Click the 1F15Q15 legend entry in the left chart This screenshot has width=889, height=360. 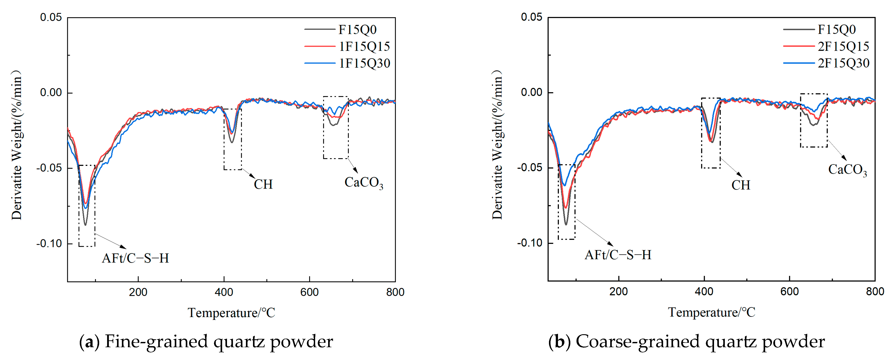pyautogui.click(x=364, y=46)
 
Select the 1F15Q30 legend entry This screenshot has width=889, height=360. pyautogui.click(x=364, y=63)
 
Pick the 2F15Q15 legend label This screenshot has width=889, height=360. pyautogui.click(x=843, y=46)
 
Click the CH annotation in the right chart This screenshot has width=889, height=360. pyautogui.click(x=741, y=185)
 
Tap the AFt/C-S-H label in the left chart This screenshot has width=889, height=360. pyautogui.click(x=135, y=258)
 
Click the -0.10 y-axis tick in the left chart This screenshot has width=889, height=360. pyautogui.click(x=49, y=244)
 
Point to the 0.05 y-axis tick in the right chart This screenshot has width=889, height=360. pyautogui.click(x=532, y=17)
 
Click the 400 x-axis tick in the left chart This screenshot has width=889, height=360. pyautogui.click(x=224, y=292)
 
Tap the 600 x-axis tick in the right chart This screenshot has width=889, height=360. pyautogui.click(x=789, y=292)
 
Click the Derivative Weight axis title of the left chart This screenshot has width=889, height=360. pyautogui.click(x=17, y=145)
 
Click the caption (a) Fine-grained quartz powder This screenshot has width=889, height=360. pyautogui.click(x=206, y=342)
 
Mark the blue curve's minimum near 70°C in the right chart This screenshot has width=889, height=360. pyautogui.click(x=565, y=185)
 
